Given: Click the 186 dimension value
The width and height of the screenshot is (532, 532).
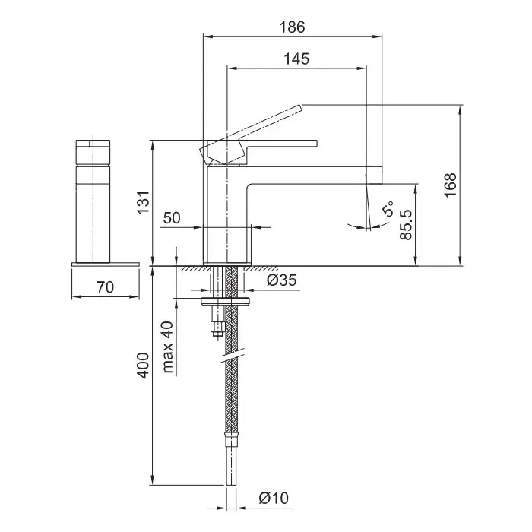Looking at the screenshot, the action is pyautogui.click(x=292, y=27).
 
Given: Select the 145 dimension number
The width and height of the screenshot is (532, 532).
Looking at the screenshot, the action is pyautogui.click(x=296, y=59).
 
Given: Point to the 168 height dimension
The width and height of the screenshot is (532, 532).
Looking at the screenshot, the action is pyautogui.click(x=450, y=185).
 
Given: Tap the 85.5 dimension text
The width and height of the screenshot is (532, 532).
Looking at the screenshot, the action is pyautogui.click(x=406, y=225).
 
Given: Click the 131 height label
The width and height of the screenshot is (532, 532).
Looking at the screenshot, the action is pyautogui.click(x=144, y=202).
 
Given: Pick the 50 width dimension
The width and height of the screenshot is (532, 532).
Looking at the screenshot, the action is pyautogui.click(x=172, y=218).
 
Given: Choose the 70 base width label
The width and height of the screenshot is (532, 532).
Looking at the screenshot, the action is pyautogui.click(x=106, y=287).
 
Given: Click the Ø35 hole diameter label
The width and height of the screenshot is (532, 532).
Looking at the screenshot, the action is pyautogui.click(x=282, y=280).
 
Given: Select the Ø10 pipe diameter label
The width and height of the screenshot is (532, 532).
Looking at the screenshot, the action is pyautogui.click(x=274, y=498).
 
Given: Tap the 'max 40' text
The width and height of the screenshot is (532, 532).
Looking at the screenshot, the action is pyautogui.click(x=168, y=347).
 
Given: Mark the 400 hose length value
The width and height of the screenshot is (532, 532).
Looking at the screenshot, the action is pyautogui.click(x=144, y=366).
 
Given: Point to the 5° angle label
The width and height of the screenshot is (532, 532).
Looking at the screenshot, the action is pyautogui.click(x=388, y=208).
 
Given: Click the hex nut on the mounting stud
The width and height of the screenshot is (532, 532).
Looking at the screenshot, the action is pyautogui.click(x=218, y=328).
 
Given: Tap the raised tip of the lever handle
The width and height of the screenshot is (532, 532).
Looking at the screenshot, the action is pyautogui.click(x=299, y=108).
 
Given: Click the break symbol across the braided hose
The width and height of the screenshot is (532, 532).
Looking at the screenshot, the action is pyautogui.click(x=233, y=355).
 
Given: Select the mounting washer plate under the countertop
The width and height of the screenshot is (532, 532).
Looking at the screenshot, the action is pyautogui.click(x=225, y=301).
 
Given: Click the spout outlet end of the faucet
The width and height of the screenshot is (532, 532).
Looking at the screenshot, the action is pyautogui.click(x=374, y=176).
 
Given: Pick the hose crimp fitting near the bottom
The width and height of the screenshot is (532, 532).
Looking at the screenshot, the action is pyautogui.click(x=231, y=439).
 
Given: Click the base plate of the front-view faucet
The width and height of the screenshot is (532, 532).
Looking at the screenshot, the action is pyautogui.click(x=106, y=264).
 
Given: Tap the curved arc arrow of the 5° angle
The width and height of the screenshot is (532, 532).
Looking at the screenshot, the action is pyautogui.click(x=368, y=226).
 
